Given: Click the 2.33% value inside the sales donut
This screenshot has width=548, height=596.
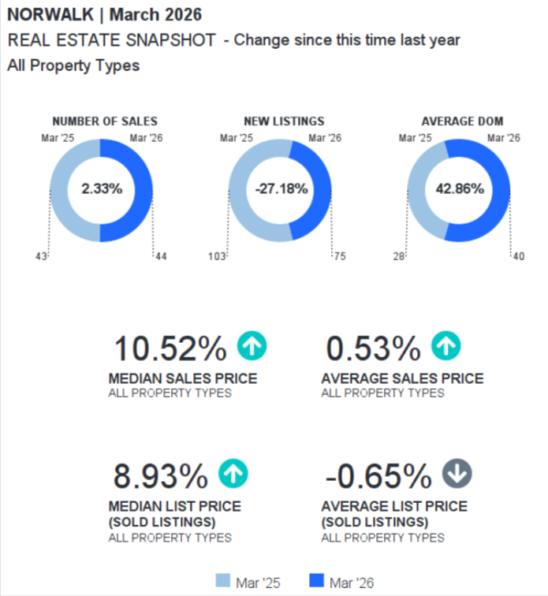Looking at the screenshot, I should [x=102, y=189].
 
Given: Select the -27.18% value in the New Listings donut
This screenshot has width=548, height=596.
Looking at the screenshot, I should [x=281, y=189].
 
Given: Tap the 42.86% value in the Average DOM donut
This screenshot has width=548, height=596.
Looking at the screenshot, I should [x=460, y=189].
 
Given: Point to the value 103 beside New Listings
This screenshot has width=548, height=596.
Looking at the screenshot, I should [x=217, y=256].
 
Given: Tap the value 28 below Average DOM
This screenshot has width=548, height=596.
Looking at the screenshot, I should [x=399, y=256].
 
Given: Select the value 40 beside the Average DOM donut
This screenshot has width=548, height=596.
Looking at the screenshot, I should [x=517, y=256].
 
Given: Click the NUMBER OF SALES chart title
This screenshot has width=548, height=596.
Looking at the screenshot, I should [x=105, y=121].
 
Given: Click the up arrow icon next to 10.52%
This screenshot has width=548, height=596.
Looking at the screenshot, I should [x=252, y=345].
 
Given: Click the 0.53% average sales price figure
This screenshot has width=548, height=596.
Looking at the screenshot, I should [x=373, y=348].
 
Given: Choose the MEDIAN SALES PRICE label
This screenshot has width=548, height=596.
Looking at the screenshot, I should [x=182, y=378].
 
